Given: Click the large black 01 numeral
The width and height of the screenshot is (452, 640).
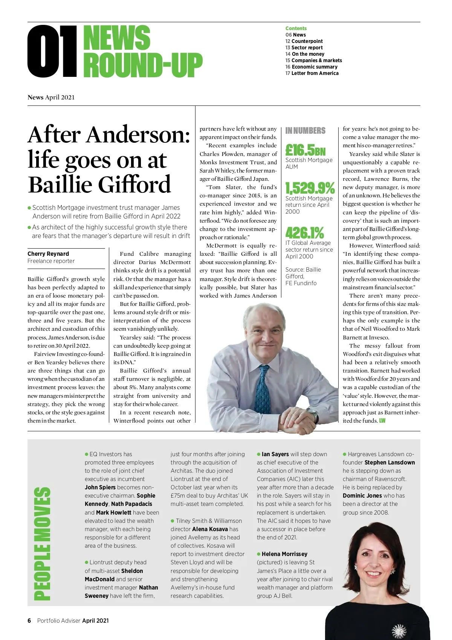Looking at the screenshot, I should [x=52, y=51].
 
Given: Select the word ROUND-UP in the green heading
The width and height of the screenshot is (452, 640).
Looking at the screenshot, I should [x=143, y=66].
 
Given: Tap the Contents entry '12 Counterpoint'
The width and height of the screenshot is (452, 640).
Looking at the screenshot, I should [x=304, y=41].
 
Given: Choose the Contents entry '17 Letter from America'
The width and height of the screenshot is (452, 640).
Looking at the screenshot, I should [x=312, y=73].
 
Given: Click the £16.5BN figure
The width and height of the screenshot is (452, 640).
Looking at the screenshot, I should [x=305, y=150].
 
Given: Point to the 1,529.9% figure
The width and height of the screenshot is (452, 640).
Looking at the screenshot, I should [x=310, y=188].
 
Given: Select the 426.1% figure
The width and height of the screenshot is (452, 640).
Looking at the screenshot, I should [x=304, y=232].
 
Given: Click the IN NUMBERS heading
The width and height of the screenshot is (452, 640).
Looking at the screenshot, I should [x=305, y=131].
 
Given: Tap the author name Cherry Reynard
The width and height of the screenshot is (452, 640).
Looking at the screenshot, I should [x=48, y=254].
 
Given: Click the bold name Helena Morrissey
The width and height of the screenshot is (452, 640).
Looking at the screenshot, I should [x=284, y=554].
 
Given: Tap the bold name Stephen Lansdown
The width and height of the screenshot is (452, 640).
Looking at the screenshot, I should [x=389, y=462].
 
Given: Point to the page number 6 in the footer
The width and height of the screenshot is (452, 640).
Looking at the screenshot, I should [x=29, y=620].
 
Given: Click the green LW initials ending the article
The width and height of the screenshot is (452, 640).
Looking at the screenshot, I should [x=382, y=420].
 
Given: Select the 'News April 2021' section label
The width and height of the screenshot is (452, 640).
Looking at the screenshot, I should [x=51, y=97].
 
